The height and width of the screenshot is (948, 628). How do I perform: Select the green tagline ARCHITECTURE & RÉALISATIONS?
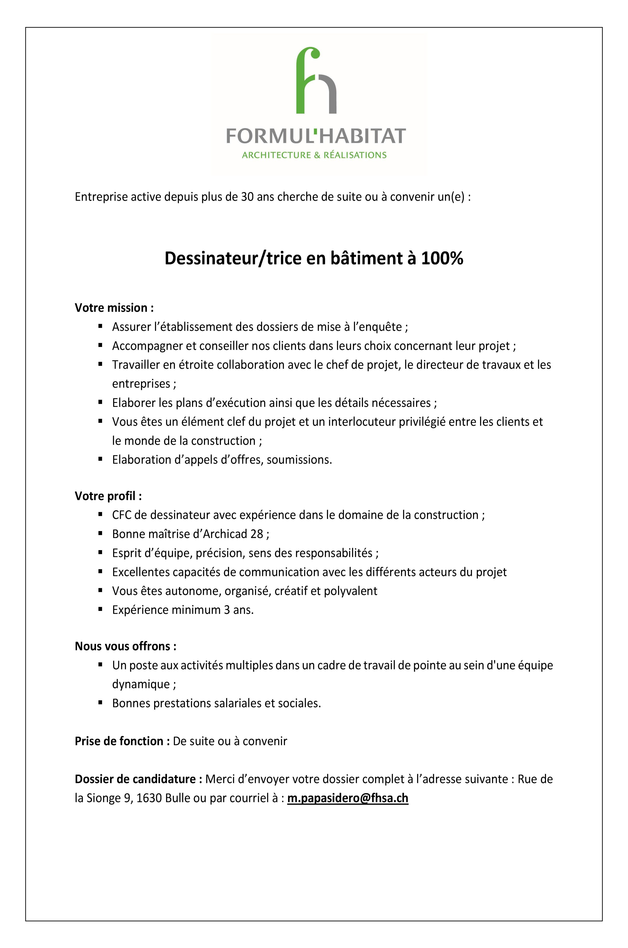314,155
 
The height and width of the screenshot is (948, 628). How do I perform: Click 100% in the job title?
442,259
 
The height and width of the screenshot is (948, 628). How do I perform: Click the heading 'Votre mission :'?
114,308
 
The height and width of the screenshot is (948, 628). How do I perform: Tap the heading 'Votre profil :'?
108,496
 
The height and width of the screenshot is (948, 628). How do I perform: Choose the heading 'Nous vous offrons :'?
125,646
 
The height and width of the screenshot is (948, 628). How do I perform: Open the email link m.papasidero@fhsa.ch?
348,798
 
